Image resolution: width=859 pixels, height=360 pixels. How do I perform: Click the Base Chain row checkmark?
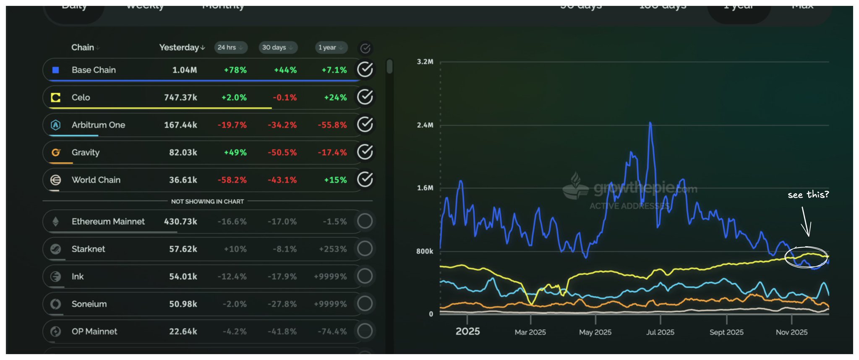(x=365, y=69)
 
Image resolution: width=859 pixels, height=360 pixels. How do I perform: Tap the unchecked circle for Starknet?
(x=365, y=248)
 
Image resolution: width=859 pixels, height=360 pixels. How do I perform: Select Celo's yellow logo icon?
(x=55, y=97)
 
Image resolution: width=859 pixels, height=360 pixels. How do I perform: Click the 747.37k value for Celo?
(x=180, y=97)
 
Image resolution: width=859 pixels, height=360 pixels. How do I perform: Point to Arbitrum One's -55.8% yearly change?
(x=332, y=125)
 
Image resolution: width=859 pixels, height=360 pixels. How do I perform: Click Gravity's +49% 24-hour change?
(x=235, y=152)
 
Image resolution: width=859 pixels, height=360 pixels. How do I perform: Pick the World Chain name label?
(x=96, y=180)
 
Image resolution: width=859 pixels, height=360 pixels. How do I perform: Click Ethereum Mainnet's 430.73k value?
(x=180, y=222)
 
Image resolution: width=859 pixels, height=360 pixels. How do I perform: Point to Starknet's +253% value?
(x=333, y=249)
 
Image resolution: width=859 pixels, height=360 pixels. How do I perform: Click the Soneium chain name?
(x=89, y=304)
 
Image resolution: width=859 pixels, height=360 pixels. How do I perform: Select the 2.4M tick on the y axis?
(x=425, y=125)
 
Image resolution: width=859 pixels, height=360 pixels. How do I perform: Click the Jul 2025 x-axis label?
(x=660, y=332)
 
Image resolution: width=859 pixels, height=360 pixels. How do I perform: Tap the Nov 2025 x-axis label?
(x=791, y=332)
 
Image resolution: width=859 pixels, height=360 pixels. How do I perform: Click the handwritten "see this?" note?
(x=808, y=194)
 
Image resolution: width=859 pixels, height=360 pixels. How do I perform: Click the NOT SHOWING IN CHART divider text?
(x=207, y=201)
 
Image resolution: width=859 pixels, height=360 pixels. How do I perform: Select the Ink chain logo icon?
(x=55, y=277)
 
